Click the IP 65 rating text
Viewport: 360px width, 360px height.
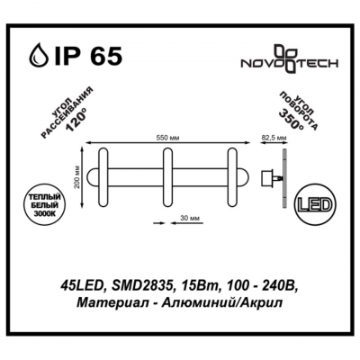[87, 55]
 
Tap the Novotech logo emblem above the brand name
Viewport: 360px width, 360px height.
[286, 59]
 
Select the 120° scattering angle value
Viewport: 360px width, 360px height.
[76, 121]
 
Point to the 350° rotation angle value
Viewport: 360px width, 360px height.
[290, 119]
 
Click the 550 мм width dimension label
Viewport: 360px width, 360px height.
[167, 138]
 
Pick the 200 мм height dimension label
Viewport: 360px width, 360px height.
[78, 177]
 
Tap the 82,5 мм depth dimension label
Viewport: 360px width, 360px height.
[273, 138]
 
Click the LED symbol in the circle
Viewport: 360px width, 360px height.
[314, 205]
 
